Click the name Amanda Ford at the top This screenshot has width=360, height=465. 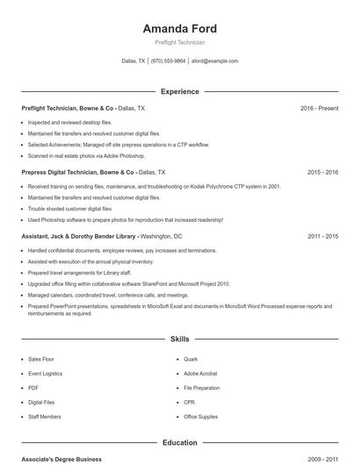pyautogui.click(x=179, y=28)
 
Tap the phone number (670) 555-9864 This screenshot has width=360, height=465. pyautogui.click(x=169, y=61)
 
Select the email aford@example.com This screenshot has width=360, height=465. pyautogui.click(x=214, y=61)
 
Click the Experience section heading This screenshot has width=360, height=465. pyautogui.click(x=179, y=91)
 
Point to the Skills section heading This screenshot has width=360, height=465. pyautogui.click(x=179, y=338)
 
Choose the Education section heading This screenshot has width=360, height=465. pyautogui.click(x=179, y=443)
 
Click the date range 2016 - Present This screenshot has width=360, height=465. pyautogui.click(x=319, y=108)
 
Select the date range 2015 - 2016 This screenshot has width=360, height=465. pyautogui.click(x=322, y=173)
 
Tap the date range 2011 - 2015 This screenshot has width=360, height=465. pyautogui.click(x=322, y=237)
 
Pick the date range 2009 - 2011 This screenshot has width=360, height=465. pyautogui.click(x=322, y=459)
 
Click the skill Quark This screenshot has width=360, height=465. pyautogui.click(x=191, y=359)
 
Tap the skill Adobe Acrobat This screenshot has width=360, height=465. pyautogui.click(x=200, y=373)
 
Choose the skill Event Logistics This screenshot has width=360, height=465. pyautogui.click(x=45, y=373)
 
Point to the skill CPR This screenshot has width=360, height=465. pyautogui.click(x=189, y=402)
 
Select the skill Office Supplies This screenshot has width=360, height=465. pyautogui.click(x=201, y=417)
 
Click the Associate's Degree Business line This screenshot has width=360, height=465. pyautogui.click(x=61, y=459)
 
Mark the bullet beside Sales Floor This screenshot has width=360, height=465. pyautogui.click(x=22, y=359)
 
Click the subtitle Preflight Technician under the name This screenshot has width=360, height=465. pyautogui.click(x=179, y=42)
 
